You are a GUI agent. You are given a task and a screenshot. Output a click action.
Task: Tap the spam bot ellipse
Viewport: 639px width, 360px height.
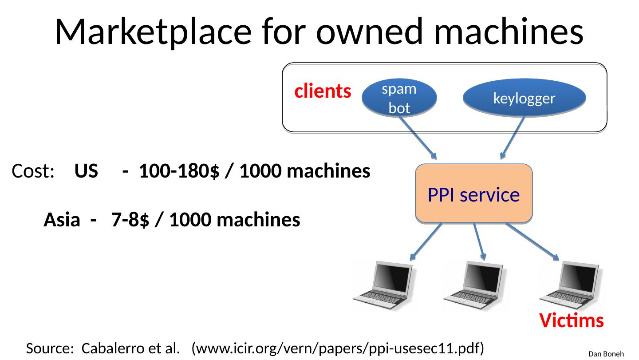point(399,97)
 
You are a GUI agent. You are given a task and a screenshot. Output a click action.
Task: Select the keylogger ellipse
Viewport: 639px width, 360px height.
point(524,98)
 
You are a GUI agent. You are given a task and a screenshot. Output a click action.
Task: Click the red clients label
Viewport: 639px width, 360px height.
point(323,91)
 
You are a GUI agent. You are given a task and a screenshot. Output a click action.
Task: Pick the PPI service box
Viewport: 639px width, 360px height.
point(473,194)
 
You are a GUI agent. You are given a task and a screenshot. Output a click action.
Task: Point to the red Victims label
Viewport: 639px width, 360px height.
point(572,320)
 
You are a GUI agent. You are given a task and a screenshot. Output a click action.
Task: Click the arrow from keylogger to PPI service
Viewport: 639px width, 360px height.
point(512,138)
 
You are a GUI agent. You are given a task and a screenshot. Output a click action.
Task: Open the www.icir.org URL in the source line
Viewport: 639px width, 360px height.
point(337,348)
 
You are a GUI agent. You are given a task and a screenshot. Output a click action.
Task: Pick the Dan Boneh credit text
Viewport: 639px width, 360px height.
point(606,354)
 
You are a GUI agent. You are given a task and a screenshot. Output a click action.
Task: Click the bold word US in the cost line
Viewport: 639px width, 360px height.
point(87,171)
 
